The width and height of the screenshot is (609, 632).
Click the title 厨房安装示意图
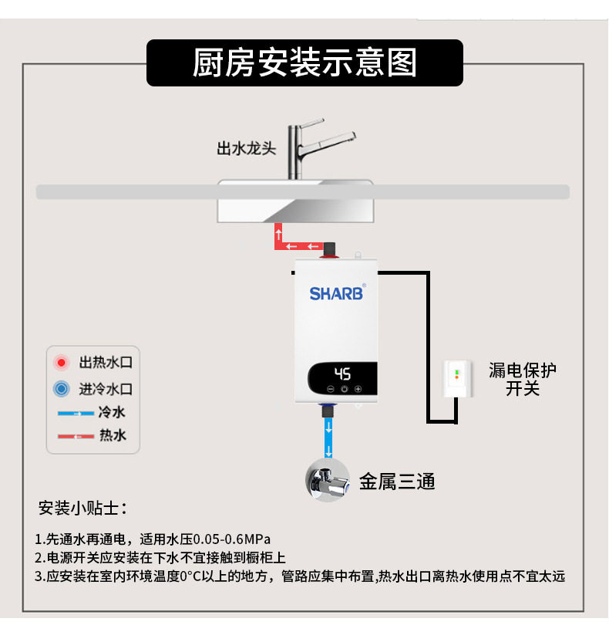tap(304, 63)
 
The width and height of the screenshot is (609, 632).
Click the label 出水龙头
tap(246, 148)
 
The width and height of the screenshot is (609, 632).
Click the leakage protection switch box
tap(458, 379)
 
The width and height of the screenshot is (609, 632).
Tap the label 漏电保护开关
tap(523, 379)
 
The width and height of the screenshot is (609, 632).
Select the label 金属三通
tap(398, 482)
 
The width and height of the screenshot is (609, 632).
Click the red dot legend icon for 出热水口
tap(61, 362)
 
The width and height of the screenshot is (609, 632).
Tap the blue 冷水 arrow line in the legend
tap(76, 414)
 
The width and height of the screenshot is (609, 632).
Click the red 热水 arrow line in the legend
tap(76, 437)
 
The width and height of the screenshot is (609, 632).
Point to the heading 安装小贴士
tap(83, 509)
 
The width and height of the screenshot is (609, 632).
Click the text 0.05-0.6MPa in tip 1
tap(231, 538)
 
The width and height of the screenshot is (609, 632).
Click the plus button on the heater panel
tap(358, 390)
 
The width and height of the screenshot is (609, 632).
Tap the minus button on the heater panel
tap(329, 390)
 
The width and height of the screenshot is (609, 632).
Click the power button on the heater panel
tap(344, 390)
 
